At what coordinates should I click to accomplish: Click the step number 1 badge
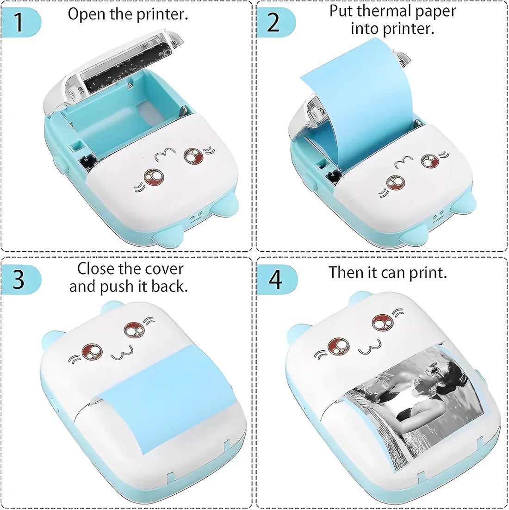click(19, 22)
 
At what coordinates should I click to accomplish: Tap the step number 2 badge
click(274, 22)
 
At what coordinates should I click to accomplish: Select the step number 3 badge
click(19, 279)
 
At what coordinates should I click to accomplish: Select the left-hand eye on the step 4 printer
click(337, 346)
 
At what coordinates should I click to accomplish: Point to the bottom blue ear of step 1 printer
click(168, 236)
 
